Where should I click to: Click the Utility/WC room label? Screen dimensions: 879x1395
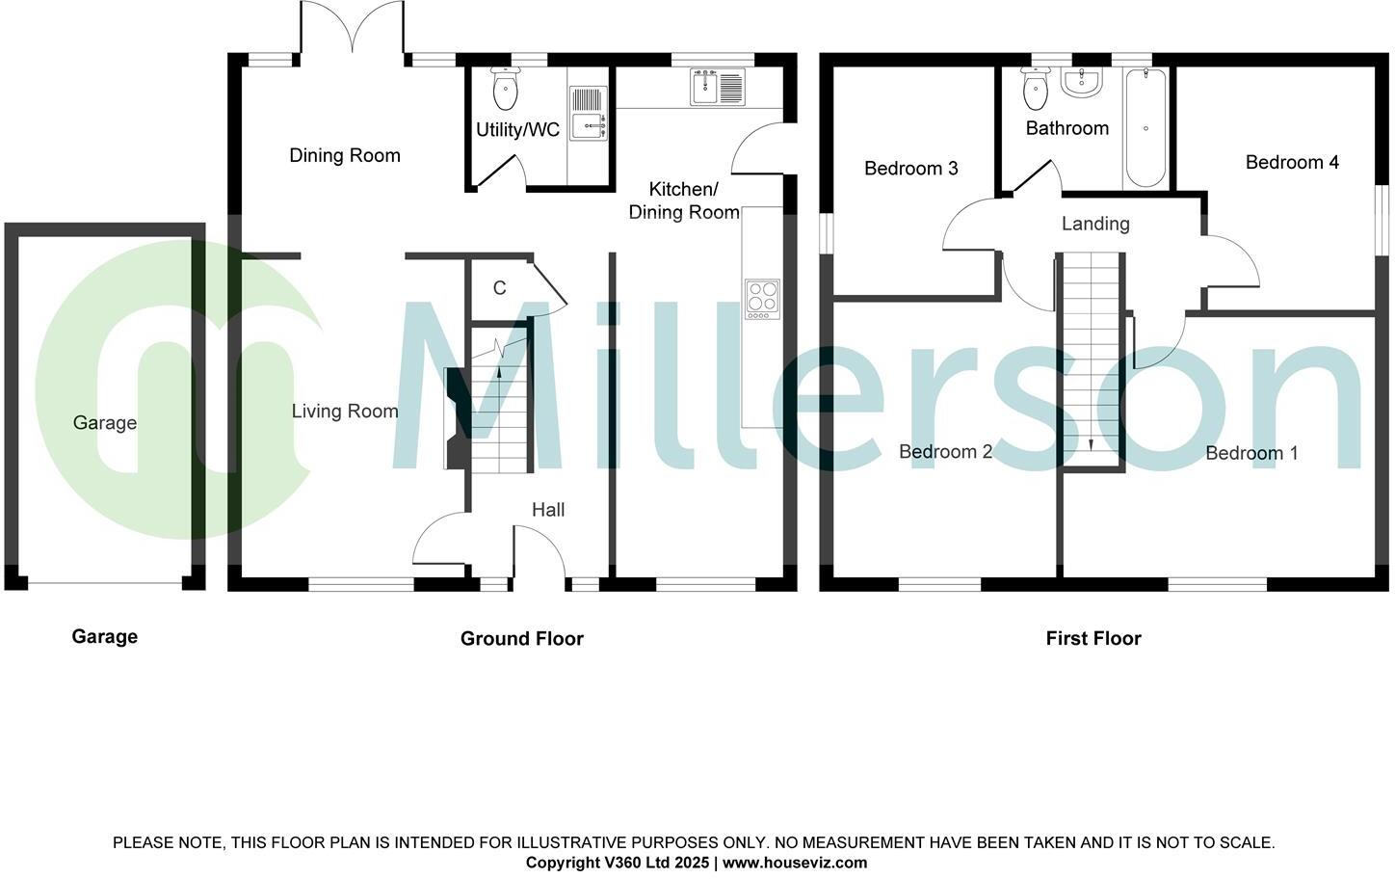[x=517, y=130]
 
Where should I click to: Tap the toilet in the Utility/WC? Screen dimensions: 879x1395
[x=505, y=89]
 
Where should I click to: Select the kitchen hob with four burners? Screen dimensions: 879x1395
[x=762, y=299]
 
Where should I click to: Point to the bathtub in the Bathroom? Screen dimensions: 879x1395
[x=1145, y=128]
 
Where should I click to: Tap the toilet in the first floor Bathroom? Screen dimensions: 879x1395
[x=1036, y=90]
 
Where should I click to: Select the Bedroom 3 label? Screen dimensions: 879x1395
[x=910, y=169]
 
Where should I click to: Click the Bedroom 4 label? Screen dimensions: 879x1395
[x=1292, y=162]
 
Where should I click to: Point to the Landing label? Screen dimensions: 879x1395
[x=1095, y=224]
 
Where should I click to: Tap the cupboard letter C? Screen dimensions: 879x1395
[x=500, y=288]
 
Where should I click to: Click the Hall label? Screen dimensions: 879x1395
[x=548, y=510]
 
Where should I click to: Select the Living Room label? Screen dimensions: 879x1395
[x=345, y=412]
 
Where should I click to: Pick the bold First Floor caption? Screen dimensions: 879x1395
[x=1093, y=638]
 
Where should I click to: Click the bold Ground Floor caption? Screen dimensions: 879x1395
[x=521, y=638]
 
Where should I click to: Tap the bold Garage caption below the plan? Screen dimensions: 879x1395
[x=104, y=636]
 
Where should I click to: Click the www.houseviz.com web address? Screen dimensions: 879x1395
[x=795, y=863]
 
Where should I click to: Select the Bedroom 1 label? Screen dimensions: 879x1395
[x=1251, y=453]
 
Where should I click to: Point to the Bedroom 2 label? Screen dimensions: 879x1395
[x=945, y=452]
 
